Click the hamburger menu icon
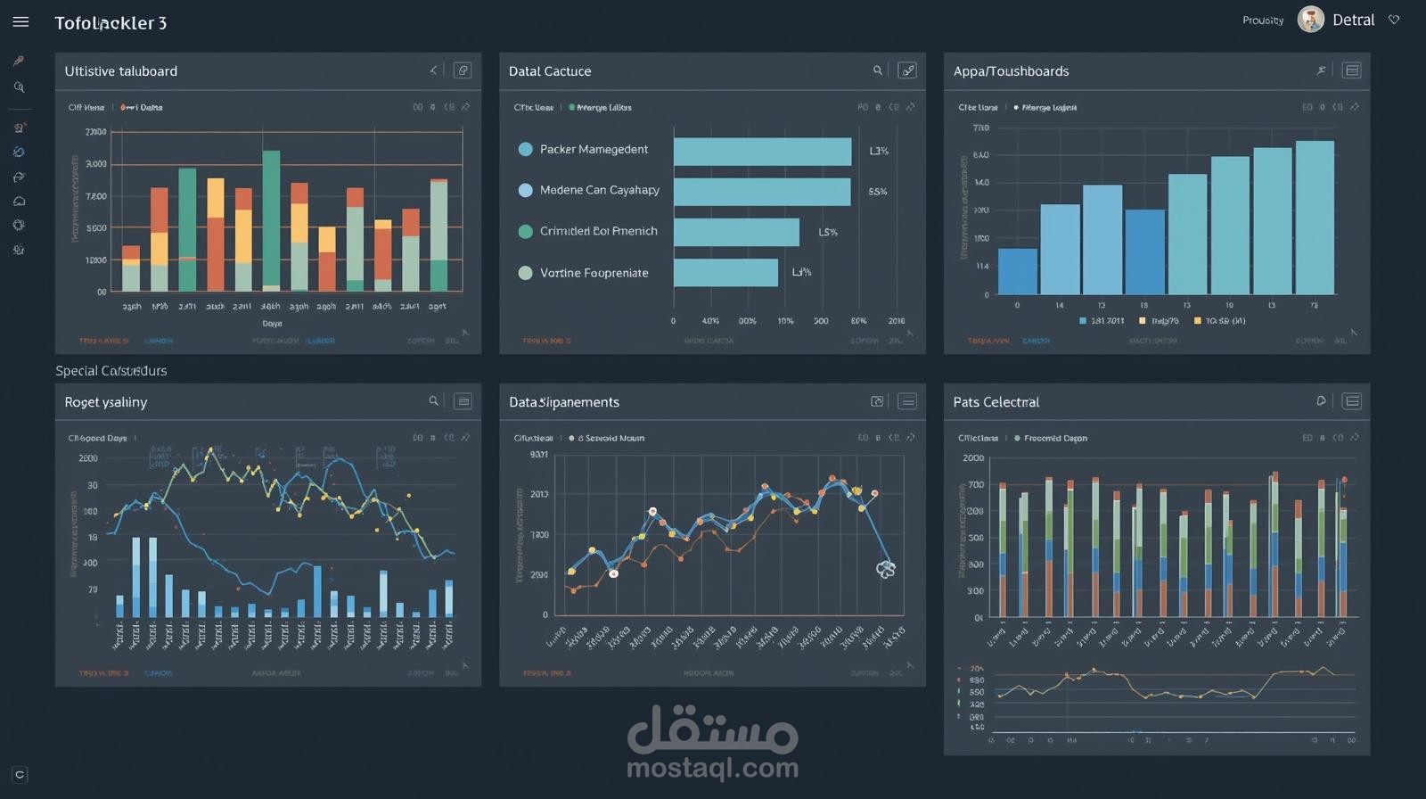[x=20, y=21]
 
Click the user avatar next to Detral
[x=1310, y=20]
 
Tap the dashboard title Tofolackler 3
[x=111, y=23]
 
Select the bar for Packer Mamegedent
[x=762, y=151]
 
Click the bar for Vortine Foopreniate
[x=725, y=272]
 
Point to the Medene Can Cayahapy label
[x=599, y=190]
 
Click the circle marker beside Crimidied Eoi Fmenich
[x=526, y=231]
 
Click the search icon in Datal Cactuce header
[x=878, y=70]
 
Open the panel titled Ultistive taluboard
[x=121, y=71]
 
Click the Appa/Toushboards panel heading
[x=1011, y=71]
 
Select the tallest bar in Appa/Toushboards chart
[x=1315, y=217]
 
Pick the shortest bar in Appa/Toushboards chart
[x=1017, y=271]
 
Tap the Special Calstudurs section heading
[x=111, y=371]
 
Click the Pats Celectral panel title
[x=996, y=402]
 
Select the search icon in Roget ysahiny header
[x=434, y=401]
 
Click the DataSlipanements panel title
[x=563, y=402]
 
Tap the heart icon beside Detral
[x=1394, y=20]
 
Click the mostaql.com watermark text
[x=712, y=768]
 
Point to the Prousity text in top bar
[x=1263, y=21]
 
